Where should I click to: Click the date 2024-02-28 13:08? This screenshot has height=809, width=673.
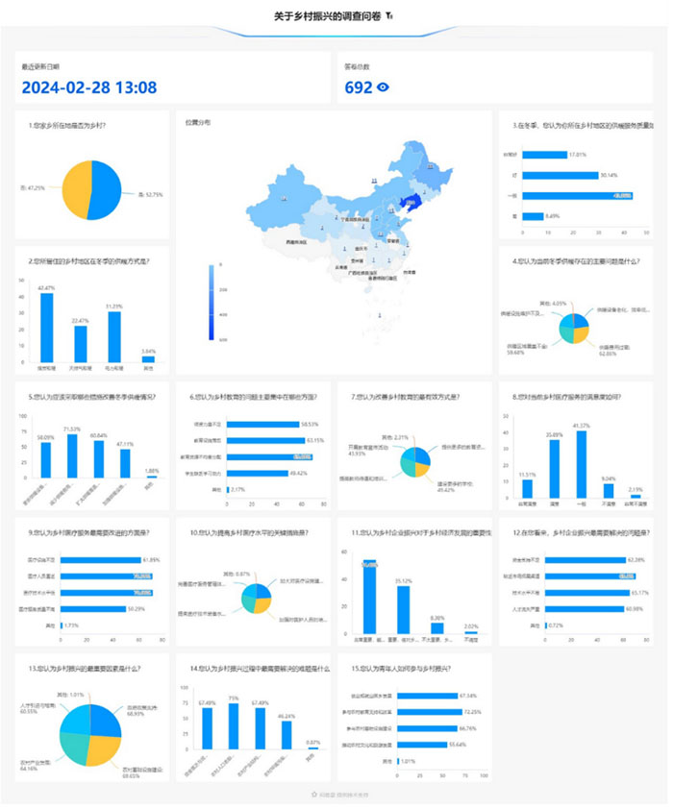(88, 87)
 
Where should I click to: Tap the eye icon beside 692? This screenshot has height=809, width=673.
(384, 87)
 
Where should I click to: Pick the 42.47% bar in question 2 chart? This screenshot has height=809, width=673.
(46, 327)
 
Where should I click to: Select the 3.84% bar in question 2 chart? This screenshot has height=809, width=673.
(148, 359)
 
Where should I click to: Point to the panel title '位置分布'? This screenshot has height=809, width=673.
(198, 122)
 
